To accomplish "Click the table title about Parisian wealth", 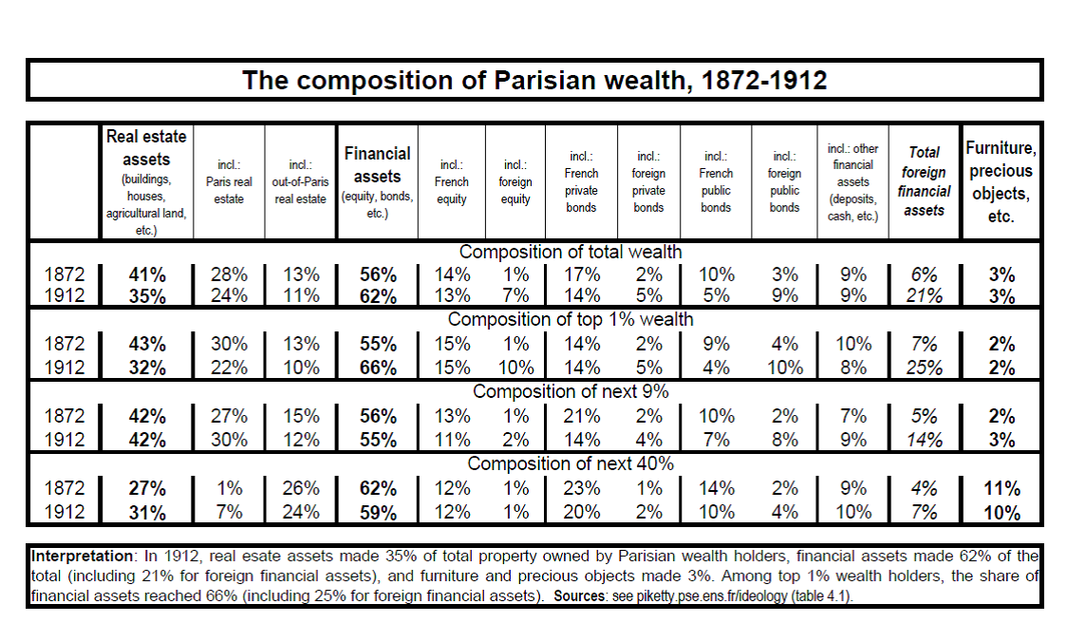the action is click(x=534, y=81).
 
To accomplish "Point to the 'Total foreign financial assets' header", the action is click(x=924, y=181).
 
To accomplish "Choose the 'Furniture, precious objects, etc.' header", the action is click(x=1001, y=182).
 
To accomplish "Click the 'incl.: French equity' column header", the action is click(x=452, y=182).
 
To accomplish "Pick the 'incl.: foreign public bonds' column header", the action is click(x=784, y=182).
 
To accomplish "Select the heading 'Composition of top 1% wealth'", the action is click(x=570, y=319).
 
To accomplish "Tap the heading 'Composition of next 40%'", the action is click(x=570, y=463).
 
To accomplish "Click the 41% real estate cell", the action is click(x=147, y=275).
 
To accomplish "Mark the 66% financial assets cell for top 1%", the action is click(x=378, y=368).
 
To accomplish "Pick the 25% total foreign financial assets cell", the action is click(x=925, y=368).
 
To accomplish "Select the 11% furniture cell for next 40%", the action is click(x=1002, y=489).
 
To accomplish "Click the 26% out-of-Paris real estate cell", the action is click(x=301, y=488).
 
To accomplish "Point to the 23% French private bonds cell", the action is click(x=581, y=488).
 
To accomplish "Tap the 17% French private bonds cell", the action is click(x=581, y=275).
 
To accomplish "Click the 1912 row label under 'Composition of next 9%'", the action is click(x=65, y=440).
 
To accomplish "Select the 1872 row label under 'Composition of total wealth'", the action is click(x=65, y=275).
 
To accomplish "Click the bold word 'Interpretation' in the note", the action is click(x=82, y=556).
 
